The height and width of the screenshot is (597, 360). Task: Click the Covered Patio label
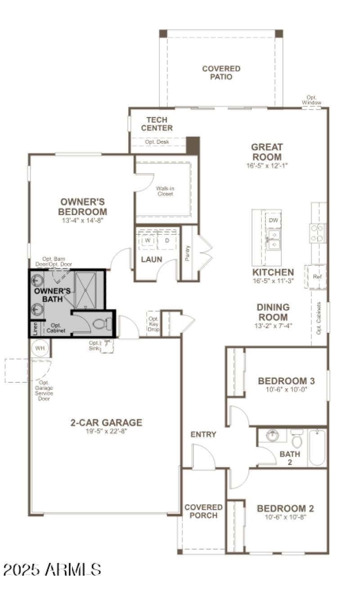point(221,72)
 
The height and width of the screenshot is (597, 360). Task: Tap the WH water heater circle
point(40,348)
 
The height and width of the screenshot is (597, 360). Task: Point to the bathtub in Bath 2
point(317,448)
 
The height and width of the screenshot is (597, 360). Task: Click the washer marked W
point(147,241)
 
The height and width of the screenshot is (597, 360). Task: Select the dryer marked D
point(166,241)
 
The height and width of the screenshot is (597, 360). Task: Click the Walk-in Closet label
point(165,191)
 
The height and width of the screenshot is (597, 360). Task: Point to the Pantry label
point(187,253)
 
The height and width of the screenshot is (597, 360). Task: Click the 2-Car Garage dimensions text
point(106,431)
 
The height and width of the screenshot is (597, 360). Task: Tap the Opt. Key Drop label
point(153,324)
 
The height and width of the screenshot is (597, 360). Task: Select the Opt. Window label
point(311,100)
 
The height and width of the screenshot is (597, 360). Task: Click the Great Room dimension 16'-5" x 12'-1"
point(267,166)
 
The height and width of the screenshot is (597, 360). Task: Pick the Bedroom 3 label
point(286,381)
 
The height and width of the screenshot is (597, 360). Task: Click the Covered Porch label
point(203,512)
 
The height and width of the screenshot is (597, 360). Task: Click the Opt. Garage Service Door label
point(44,391)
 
